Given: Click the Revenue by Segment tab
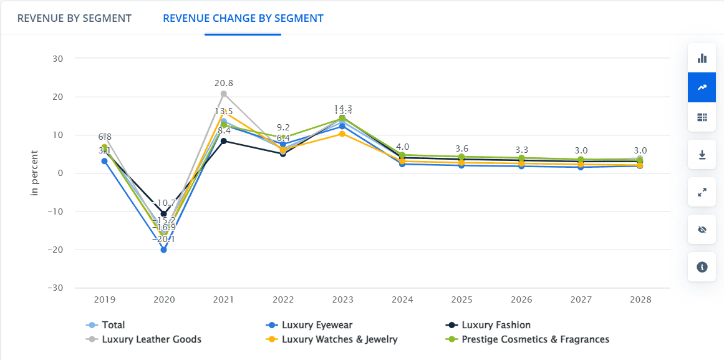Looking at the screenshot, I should pos(74,18).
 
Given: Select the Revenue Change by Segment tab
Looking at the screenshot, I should pos(243,18).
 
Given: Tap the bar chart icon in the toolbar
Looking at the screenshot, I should pos(702,58).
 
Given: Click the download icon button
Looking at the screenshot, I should pos(702,155).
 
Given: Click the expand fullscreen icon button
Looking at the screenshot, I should pos(702,192).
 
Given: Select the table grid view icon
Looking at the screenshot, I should pos(702,117).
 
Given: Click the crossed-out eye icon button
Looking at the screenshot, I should pos(702,230).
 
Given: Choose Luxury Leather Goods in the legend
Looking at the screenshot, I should pos(151,339).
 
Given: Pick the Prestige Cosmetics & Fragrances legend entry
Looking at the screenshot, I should pos(535,339).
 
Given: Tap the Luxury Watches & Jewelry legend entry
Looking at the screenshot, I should pos(339,339).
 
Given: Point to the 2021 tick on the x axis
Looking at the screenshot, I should pos(223,299).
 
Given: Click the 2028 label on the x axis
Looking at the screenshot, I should pos(640,299).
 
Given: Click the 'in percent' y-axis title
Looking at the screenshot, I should pos(35,173).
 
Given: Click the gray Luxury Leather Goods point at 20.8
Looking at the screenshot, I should pos(223,94).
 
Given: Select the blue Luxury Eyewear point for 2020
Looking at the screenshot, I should pos(163,250).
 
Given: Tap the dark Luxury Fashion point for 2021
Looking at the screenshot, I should pos(223,141).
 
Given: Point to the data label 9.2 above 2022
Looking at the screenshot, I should pos(283,127).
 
